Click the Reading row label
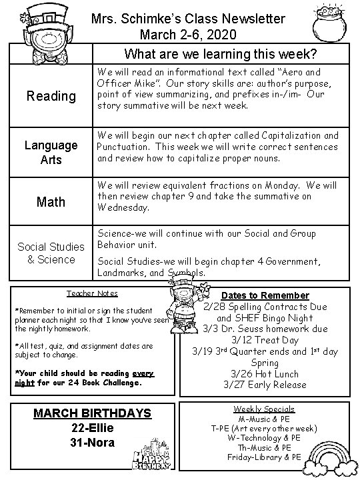(51, 96)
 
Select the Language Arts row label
(51, 152)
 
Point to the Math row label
(51, 201)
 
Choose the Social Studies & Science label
(51, 253)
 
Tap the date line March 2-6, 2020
(188, 34)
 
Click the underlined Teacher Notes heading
(92, 293)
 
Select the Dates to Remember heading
(265, 295)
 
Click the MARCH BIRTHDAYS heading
(93, 414)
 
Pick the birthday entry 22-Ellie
(93, 429)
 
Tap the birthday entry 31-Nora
(93, 443)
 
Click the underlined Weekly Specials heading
(265, 409)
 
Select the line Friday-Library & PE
(265, 457)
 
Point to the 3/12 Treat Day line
(265, 340)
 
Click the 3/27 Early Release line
(265, 385)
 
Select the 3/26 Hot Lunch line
(265, 373)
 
